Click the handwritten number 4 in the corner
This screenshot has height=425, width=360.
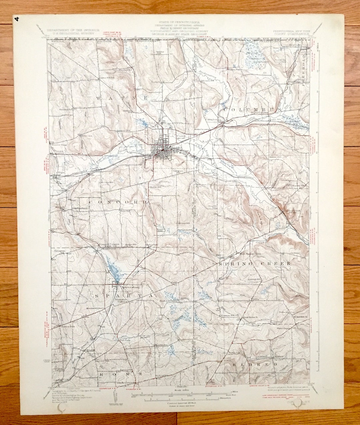pyautogui.click(x=17, y=19)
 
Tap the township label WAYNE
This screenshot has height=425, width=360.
pyautogui.click(x=122, y=98)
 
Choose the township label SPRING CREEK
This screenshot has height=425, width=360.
pyautogui.click(x=255, y=264)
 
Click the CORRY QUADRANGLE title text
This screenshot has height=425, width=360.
pyautogui.click(x=285, y=33)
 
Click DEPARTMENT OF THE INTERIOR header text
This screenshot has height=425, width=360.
pyautogui.click(x=73, y=30)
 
